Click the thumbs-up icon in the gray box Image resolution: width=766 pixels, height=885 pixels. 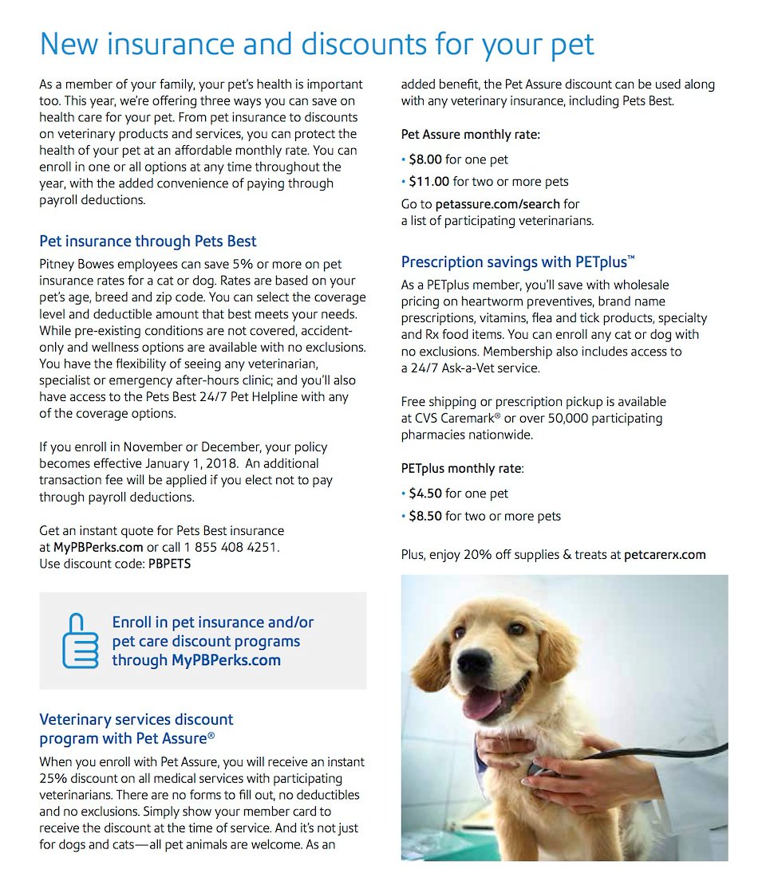pos(81,640)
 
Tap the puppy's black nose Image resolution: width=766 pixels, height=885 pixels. pos(476,663)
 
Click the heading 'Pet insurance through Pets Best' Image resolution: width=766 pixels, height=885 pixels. pos(148,241)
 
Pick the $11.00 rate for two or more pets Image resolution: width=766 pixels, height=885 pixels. pos(429,181)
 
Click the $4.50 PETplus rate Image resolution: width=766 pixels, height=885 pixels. pos(426,494)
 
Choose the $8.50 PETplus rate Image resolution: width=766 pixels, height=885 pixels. pos(426,516)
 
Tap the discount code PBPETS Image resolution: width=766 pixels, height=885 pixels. pos(169,564)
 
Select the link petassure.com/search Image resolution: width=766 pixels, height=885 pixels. pos(497,204)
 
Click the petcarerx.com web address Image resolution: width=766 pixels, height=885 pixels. pos(665,554)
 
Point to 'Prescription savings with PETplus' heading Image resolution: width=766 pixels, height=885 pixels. pos(518,262)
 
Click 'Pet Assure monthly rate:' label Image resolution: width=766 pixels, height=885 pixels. pos(470,135)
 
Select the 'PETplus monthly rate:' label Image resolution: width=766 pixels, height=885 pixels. pos(462,469)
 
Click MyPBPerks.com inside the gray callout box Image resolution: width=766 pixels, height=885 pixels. pos(226,660)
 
